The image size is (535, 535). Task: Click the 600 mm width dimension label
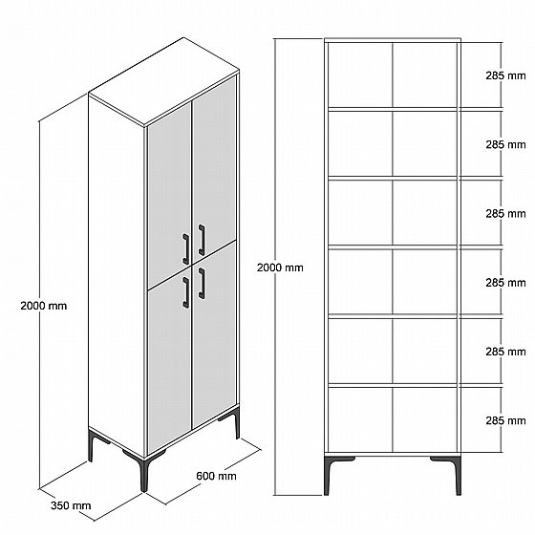coord(216,476)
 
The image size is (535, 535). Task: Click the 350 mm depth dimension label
coord(71,505)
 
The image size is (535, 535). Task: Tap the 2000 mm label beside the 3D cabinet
coord(44,306)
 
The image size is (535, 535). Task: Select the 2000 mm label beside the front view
coord(280,267)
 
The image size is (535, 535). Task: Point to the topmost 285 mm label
coord(505,75)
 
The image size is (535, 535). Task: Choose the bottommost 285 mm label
coord(505,420)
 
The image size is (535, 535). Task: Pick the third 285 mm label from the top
coord(505,214)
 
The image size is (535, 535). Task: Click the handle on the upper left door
coord(186,249)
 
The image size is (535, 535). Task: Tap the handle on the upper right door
coord(202,240)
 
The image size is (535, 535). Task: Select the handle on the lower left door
coord(186,292)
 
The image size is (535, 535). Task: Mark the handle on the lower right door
coord(202,283)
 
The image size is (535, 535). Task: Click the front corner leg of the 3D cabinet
coord(144,472)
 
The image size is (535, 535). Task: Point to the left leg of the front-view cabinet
coord(329,476)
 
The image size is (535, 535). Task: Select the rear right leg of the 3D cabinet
coord(236,426)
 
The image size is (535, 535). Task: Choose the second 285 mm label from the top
coord(505,144)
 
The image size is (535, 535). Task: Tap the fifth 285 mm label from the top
coord(505,352)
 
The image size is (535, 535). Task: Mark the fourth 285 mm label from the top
coord(505,283)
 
